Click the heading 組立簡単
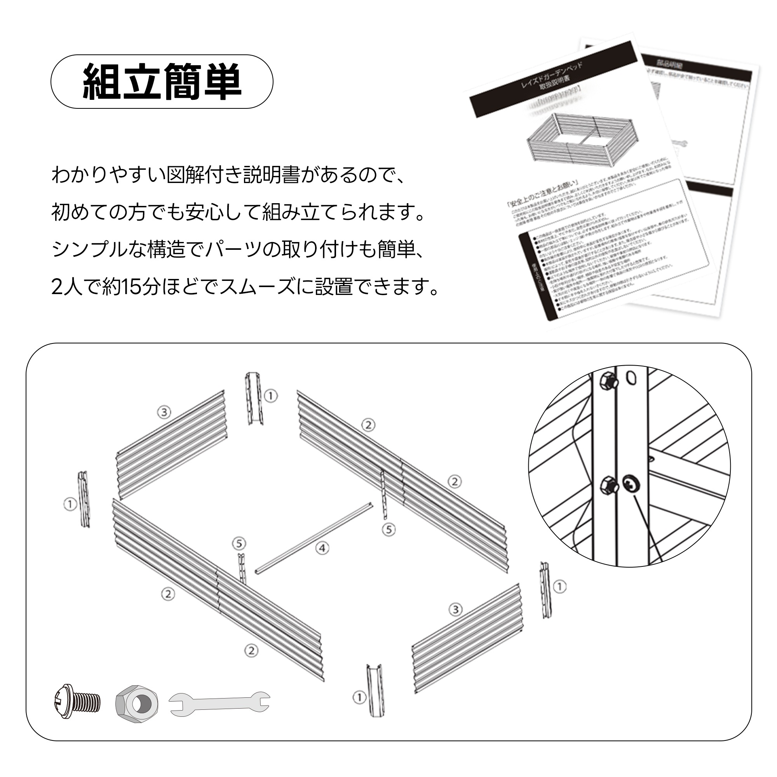(162, 82)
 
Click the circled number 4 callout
(322, 548)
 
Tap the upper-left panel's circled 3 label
(164, 412)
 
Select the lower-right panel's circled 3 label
(455, 610)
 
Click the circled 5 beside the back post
(388, 530)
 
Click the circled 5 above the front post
(239, 544)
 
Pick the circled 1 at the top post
(271, 396)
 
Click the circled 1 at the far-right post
(560, 587)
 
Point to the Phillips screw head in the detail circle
(631, 484)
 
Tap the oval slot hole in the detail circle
(631, 377)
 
